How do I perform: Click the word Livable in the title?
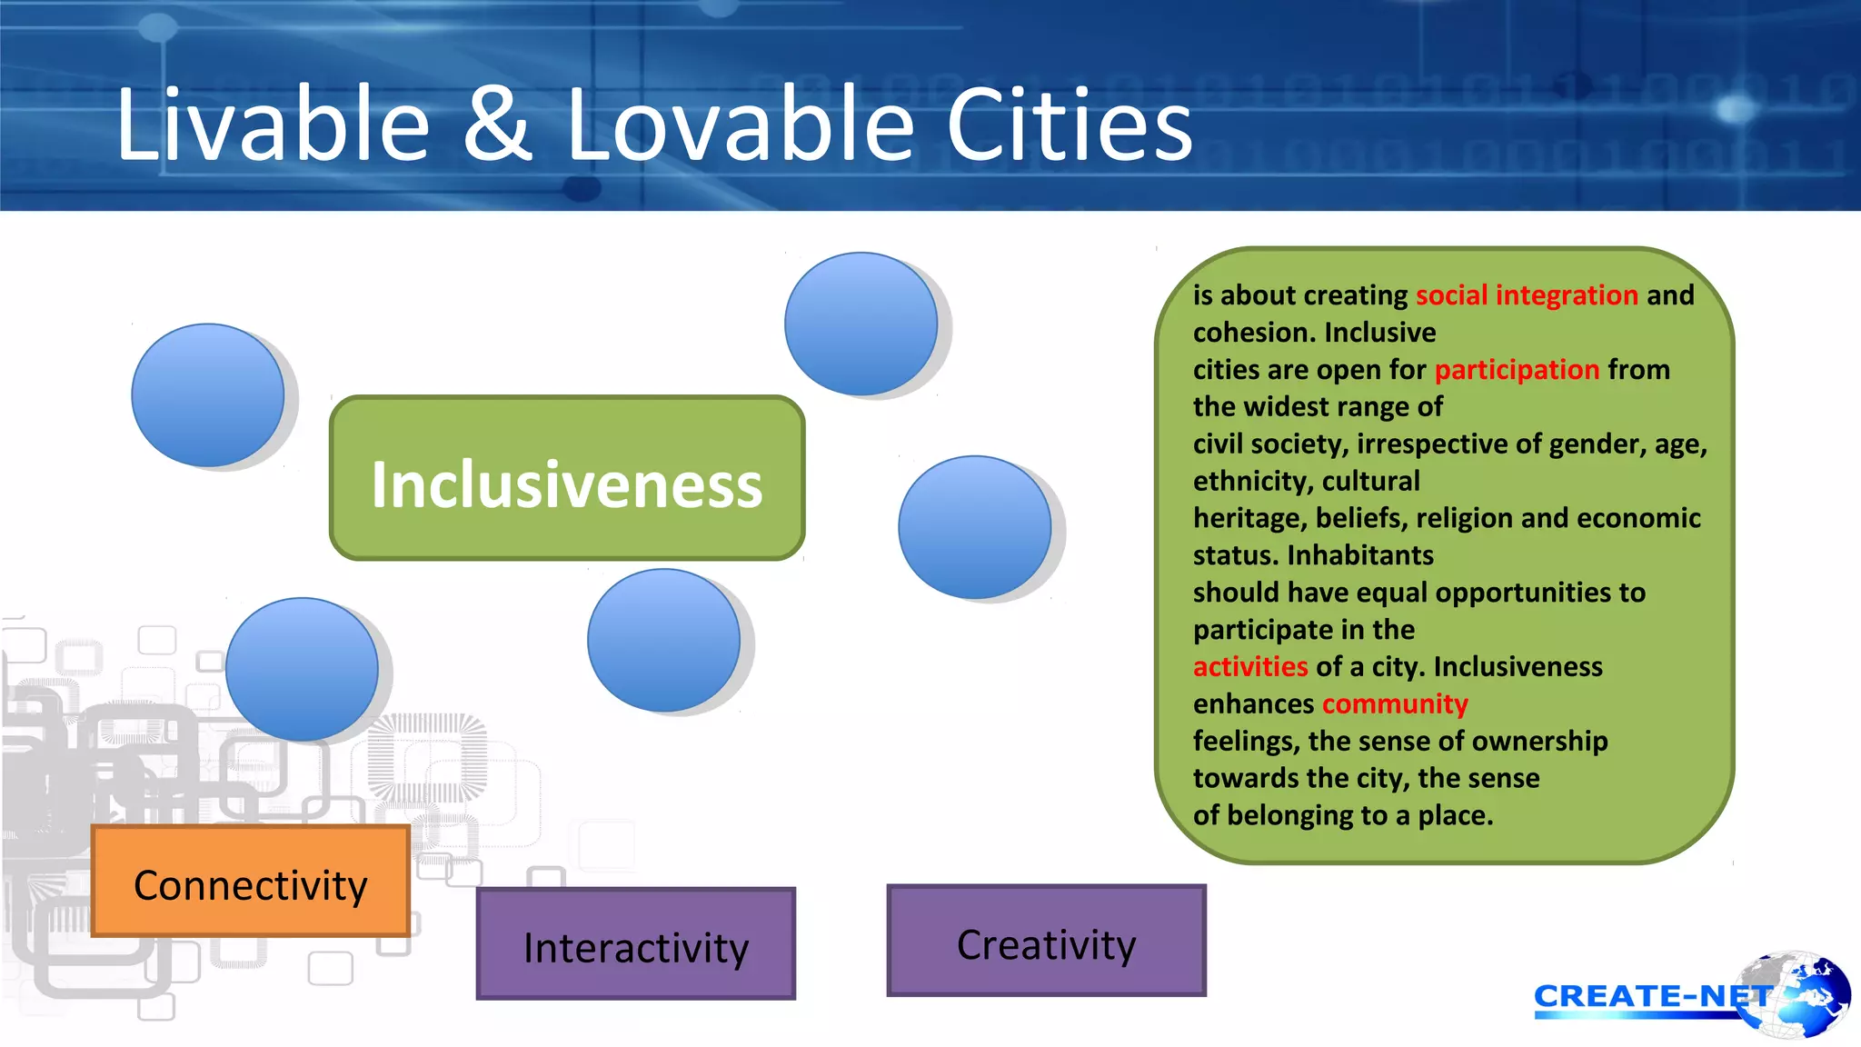pyautogui.click(x=273, y=125)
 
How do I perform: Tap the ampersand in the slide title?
pyautogui.click(x=496, y=125)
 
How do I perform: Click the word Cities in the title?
pyautogui.click(x=1069, y=125)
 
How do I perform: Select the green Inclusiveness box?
pyautogui.click(x=567, y=479)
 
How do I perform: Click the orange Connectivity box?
pyautogui.click(x=251, y=882)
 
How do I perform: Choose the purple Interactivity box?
pyautogui.click(x=636, y=945)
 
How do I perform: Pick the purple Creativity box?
pyautogui.click(x=1046, y=942)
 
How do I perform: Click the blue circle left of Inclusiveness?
pyautogui.click(x=208, y=395)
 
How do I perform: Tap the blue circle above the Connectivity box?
pyautogui.click(x=302, y=669)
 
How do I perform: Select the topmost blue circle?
pyautogui.click(x=861, y=324)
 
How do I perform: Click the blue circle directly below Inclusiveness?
pyautogui.click(x=663, y=640)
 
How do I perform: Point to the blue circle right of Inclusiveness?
pyautogui.click(x=974, y=527)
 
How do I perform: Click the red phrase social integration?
pyautogui.click(x=1527, y=295)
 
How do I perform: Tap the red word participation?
pyautogui.click(x=1517, y=370)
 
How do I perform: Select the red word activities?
pyautogui.click(x=1250, y=667)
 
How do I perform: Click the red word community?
pyautogui.click(x=1395, y=704)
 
